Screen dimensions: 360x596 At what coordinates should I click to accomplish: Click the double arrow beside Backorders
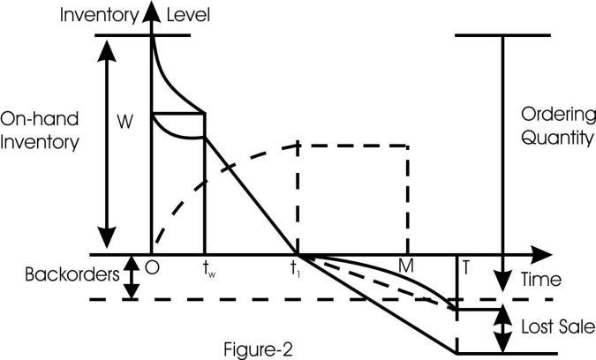pos(130,275)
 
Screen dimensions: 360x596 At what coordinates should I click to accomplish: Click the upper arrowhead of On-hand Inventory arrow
pos(107,49)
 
